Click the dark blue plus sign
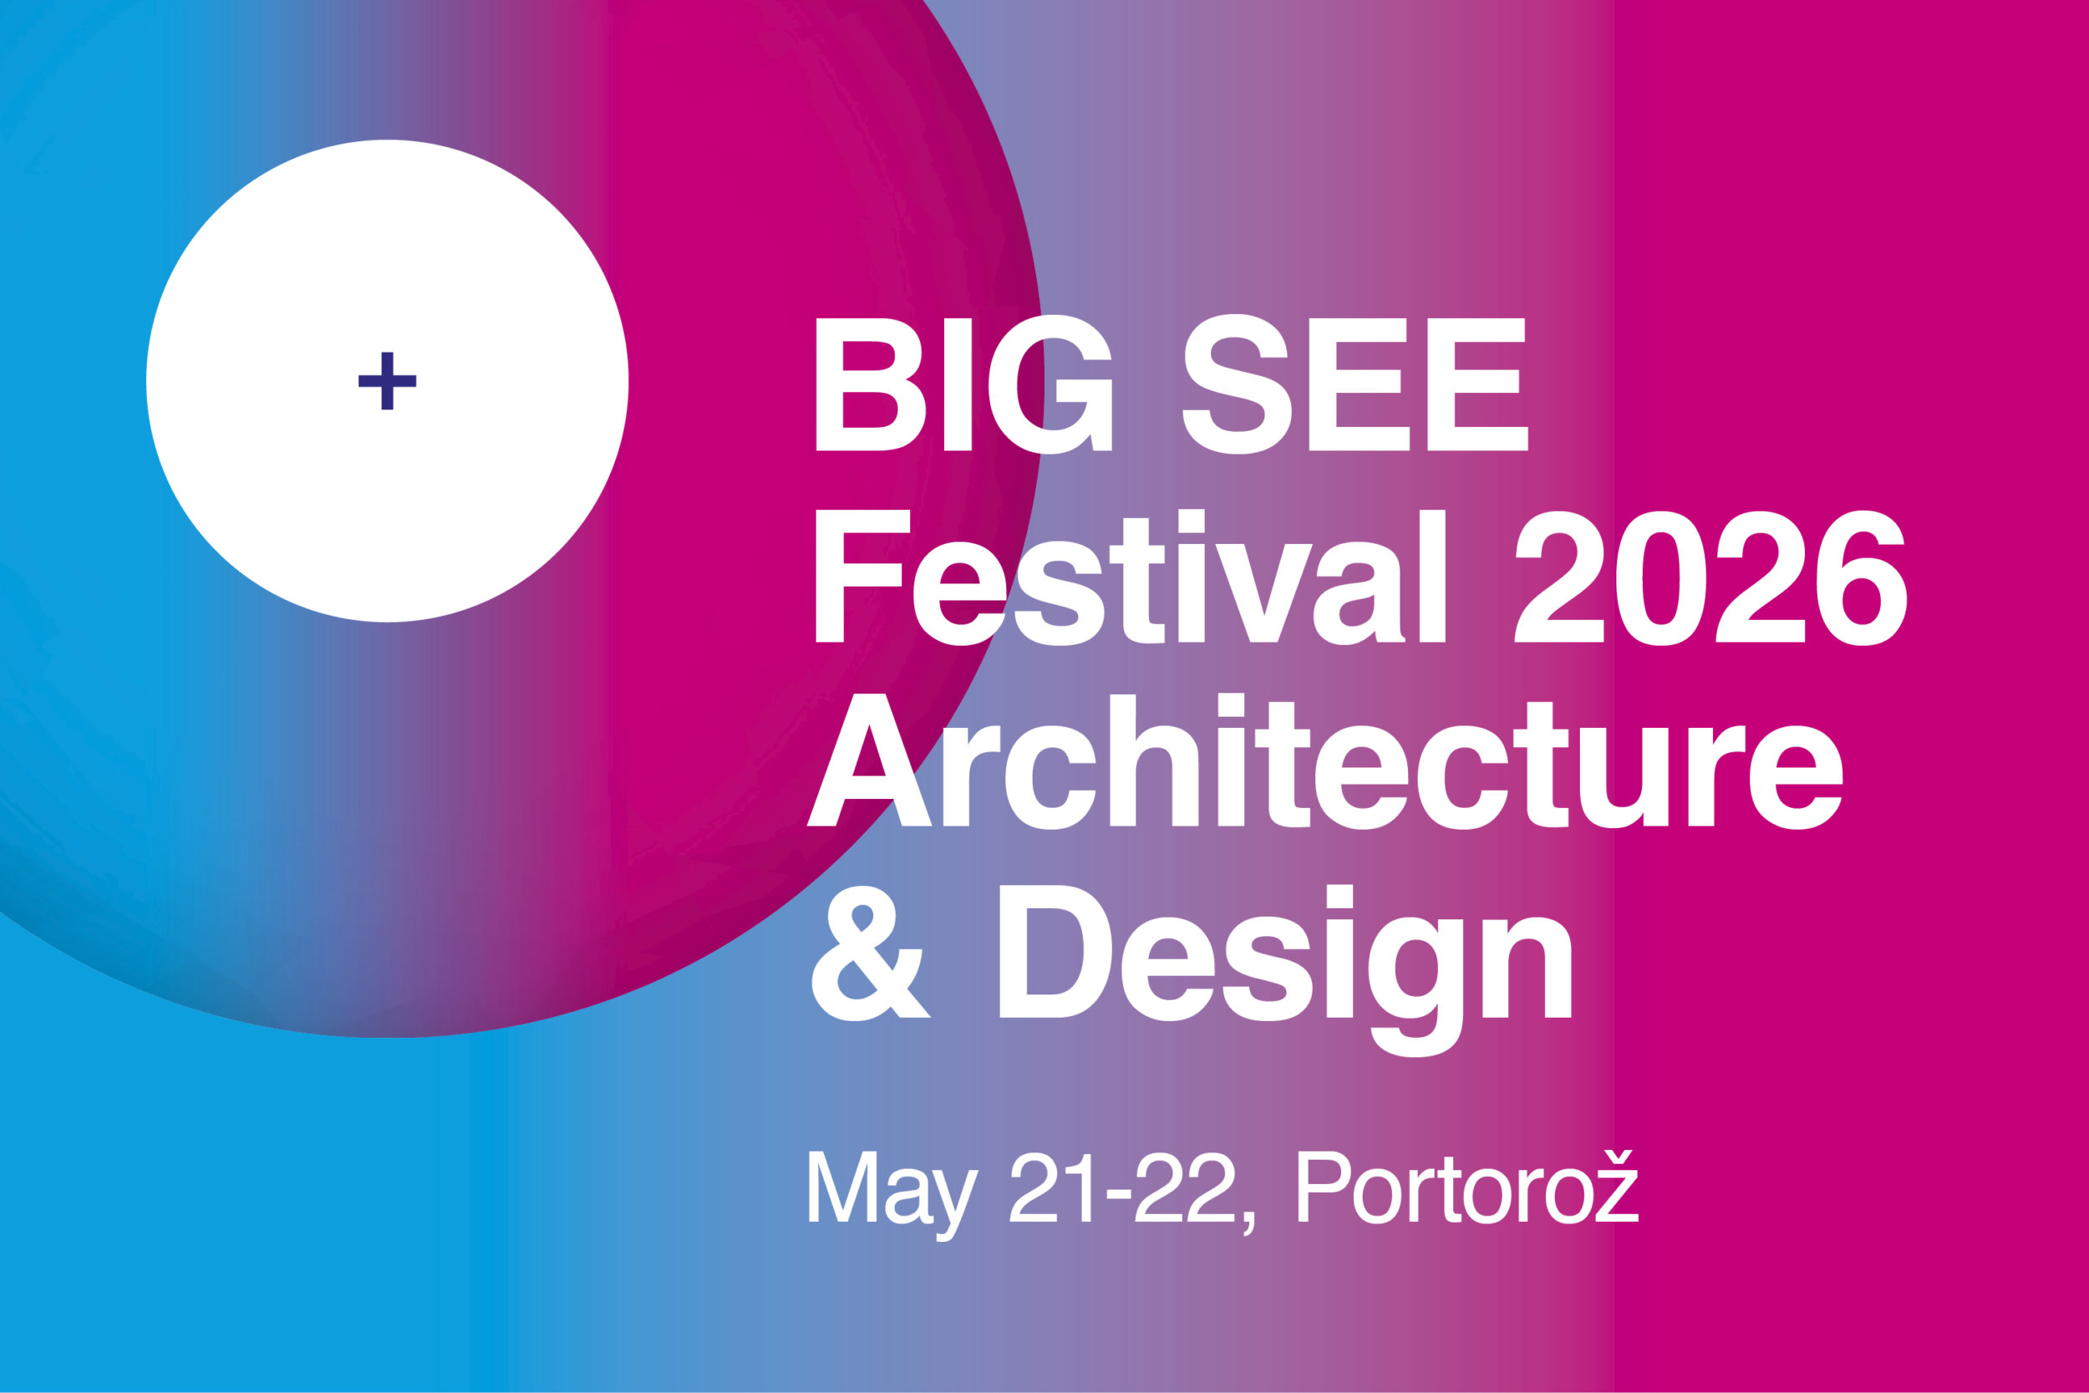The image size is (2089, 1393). coord(387,381)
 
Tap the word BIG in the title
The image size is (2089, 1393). coord(963,384)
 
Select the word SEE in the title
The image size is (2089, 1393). coord(1355,384)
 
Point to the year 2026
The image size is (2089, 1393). coord(1710,577)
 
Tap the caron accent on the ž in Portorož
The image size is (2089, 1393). coord(1619,1156)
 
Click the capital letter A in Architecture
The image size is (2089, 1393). coord(869,760)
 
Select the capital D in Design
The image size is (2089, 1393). coord(1055,952)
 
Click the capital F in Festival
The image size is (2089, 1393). coord(861,577)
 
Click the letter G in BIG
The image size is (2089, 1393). coord(1050,384)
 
